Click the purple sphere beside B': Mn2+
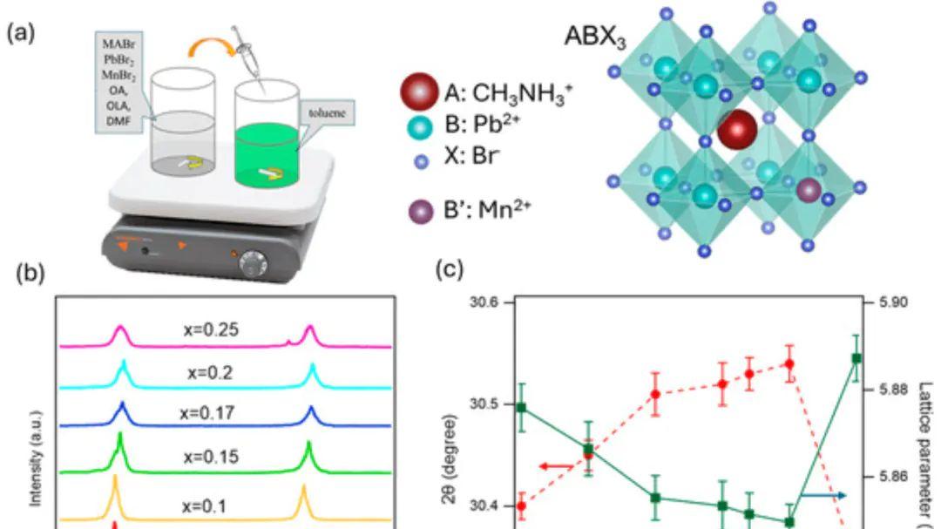(419, 212)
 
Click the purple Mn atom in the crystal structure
(809, 189)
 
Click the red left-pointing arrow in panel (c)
(556, 467)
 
